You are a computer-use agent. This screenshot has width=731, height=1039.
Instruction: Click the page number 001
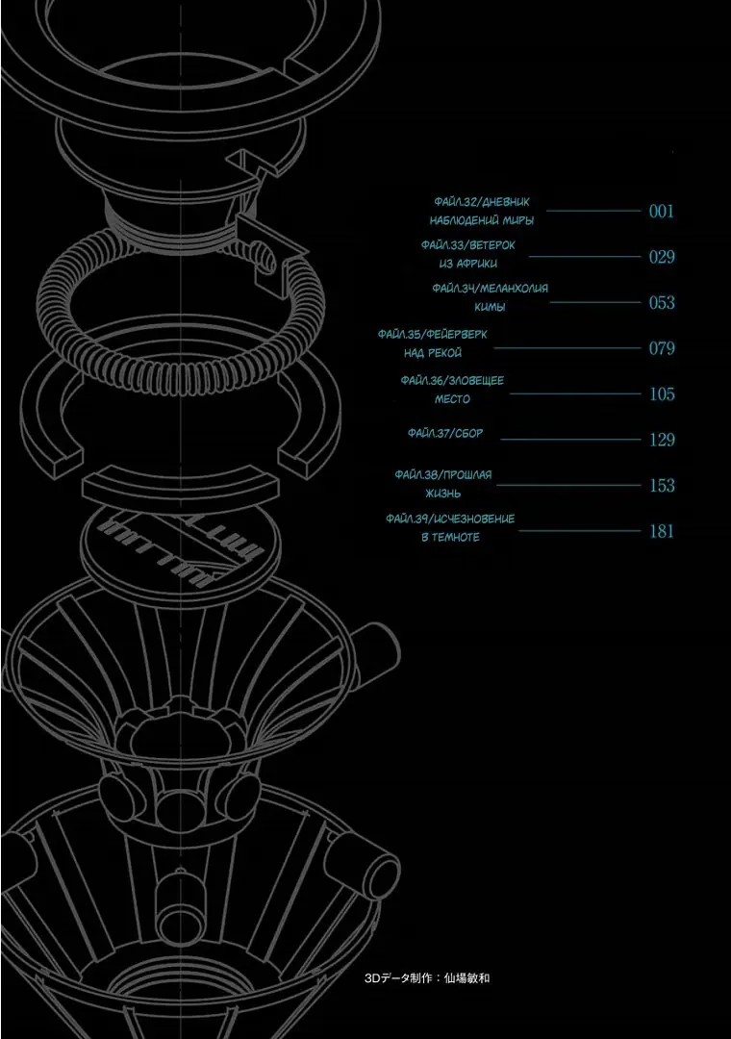click(x=662, y=212)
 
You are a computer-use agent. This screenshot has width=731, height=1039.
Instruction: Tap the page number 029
click(x=662, y=257)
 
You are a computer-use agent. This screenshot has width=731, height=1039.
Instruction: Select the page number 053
click(x=662, y=303)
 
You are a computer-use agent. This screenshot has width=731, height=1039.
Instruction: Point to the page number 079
click(x=662, y=348)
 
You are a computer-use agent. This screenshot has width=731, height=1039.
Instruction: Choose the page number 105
click(x=662, y=394)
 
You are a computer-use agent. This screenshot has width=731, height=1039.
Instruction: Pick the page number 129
click(x=662, y=440)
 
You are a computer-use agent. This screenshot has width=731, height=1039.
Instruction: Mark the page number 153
click(x=662, y=486)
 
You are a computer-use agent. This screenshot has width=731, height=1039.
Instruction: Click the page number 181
click(x=662, y=531)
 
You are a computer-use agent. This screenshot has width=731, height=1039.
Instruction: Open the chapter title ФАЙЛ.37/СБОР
click(x=445, y=433)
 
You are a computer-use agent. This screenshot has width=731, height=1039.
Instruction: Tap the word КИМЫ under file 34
click(x=490, y=307)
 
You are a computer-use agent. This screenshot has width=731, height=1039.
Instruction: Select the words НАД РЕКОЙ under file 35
click(x=433, y=353)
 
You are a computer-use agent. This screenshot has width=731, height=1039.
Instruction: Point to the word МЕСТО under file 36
click(x=453, y=399)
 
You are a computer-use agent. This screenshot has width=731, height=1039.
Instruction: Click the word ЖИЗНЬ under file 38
click(x=442, y=494)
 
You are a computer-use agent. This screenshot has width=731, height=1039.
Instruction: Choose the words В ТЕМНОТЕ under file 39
click(x=451, y=538)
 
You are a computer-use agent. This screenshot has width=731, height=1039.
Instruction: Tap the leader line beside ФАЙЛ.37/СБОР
click(x=570, y=440)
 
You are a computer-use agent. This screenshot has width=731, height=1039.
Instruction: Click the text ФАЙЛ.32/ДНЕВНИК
click(x=482, y=202)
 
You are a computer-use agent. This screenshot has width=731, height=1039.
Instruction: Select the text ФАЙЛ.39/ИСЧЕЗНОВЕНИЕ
click(x=450, y=519)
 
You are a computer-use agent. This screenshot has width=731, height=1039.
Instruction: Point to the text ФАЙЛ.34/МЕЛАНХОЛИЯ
click(x=490, y=289)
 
